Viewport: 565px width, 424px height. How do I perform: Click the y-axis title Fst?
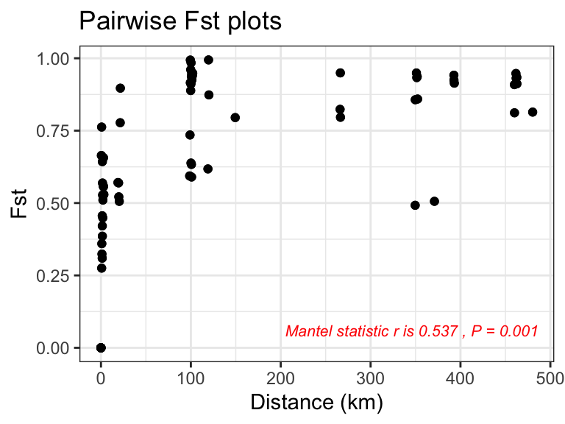20,203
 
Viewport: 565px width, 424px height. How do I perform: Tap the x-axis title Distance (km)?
316,403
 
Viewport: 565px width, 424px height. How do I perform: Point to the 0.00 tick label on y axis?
56,347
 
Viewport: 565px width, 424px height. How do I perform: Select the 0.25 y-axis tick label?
56,275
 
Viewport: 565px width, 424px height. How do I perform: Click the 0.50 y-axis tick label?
56,203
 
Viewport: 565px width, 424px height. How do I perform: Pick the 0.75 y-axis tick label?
56,130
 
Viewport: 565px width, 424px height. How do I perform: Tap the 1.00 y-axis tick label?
56,58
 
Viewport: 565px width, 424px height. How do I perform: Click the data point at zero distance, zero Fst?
101,347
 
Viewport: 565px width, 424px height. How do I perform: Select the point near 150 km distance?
235,117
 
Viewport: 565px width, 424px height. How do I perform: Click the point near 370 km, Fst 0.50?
434,201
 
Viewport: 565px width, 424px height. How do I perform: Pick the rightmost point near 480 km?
533,112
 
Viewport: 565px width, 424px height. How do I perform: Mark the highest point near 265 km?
340,73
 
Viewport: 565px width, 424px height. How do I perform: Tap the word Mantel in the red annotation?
305,331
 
